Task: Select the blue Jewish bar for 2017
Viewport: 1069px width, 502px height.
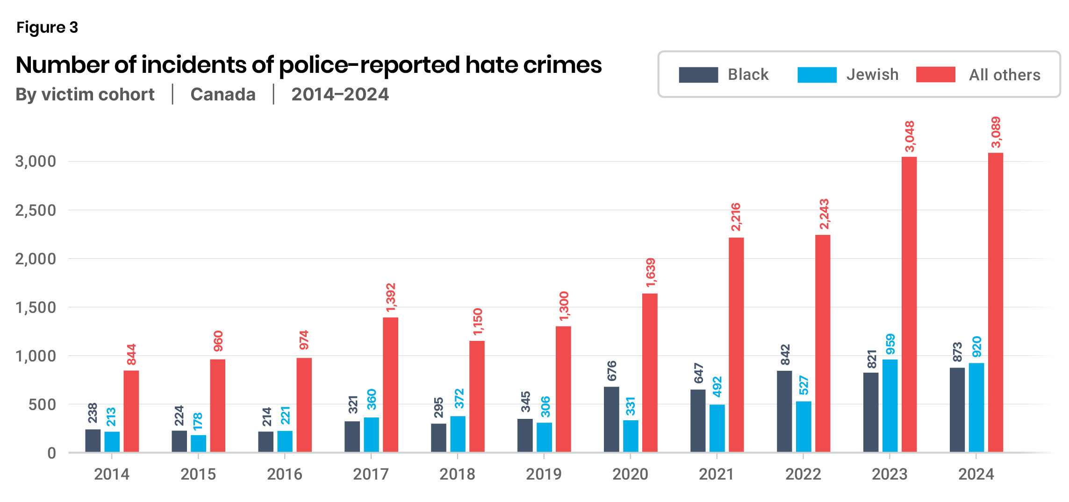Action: tap(371, 435)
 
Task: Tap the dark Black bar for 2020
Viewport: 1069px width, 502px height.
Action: tap(611, 419)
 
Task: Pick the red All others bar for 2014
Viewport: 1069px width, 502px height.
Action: tap(131, 411)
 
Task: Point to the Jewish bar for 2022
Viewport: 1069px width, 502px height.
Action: tap(804, 427)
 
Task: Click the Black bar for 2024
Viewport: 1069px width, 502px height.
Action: tap(957, 410)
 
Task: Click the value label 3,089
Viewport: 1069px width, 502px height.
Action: tap(996, 132)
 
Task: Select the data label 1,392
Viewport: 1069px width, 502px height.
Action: tap(391, 297)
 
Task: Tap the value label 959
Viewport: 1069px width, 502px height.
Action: tap(890, 344)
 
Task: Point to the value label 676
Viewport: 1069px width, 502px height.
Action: tap(612, 371)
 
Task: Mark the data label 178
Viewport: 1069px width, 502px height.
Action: tap(198, 422)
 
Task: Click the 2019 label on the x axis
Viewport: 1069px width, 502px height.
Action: tap(544, 474)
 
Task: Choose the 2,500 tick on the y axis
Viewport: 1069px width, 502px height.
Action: tap(36, 211)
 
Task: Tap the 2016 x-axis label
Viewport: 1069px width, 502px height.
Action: tap(284, 474)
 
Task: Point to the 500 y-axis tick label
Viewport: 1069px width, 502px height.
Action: tap(42, 404)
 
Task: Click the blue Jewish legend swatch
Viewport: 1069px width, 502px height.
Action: tap(817, 75)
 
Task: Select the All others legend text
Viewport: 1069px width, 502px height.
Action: tap(1004, 75)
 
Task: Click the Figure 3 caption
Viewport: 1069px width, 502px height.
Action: tap(47, 28)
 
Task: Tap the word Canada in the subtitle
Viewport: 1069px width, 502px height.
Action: tap(223, 94)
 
